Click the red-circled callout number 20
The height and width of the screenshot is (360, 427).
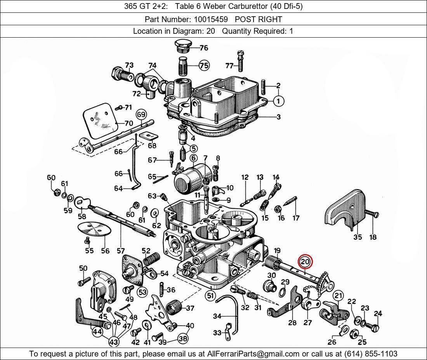tap(305, 262)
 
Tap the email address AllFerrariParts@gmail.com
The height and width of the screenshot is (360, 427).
tap(253, 353)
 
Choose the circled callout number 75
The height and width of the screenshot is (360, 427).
tap(204, 66)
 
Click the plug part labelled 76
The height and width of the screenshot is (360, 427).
tap(182, 45)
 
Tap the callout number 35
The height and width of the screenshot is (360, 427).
tap(357, 237)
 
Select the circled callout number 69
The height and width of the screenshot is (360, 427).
tap(141, 114)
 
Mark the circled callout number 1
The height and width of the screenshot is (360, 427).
tap(278, 101)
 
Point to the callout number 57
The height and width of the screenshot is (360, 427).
tap(121, 251)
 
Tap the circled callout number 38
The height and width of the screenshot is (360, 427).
tap(183, 338)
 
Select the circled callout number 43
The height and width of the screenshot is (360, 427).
tap(113, 342)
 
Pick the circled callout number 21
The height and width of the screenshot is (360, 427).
tap(338, 296)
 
